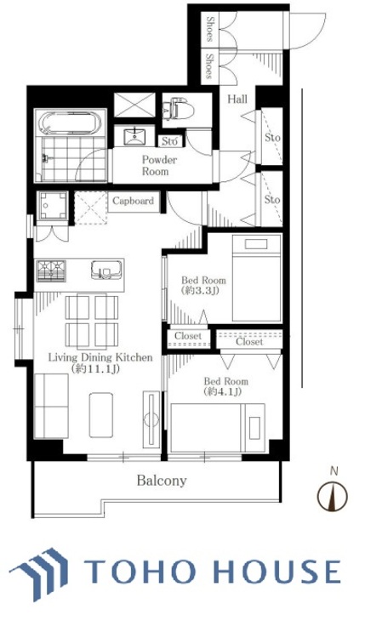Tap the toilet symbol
click(x=178, y=108)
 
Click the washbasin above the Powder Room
click(x=134, y=136)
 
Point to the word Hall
click(x=237, y=99)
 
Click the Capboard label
click(x=133, y=201)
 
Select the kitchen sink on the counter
click(x=106, y=270)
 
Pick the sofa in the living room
click(x=51, y=406)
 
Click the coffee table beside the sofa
click(x=101, y=415)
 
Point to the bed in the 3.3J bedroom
click(x=257, y=278)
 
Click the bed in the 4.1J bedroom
click(x=218, y=428)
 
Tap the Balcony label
click(x=162, y=481)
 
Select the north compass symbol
click(x=333, y=496)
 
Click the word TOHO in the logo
click(x=140, y=572)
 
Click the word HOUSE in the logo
click(x=277, y=572)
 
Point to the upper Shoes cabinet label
click(x=210, y=29)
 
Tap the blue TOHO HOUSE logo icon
click(x=40, y=572)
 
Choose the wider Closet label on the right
click(x=249, y=342)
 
